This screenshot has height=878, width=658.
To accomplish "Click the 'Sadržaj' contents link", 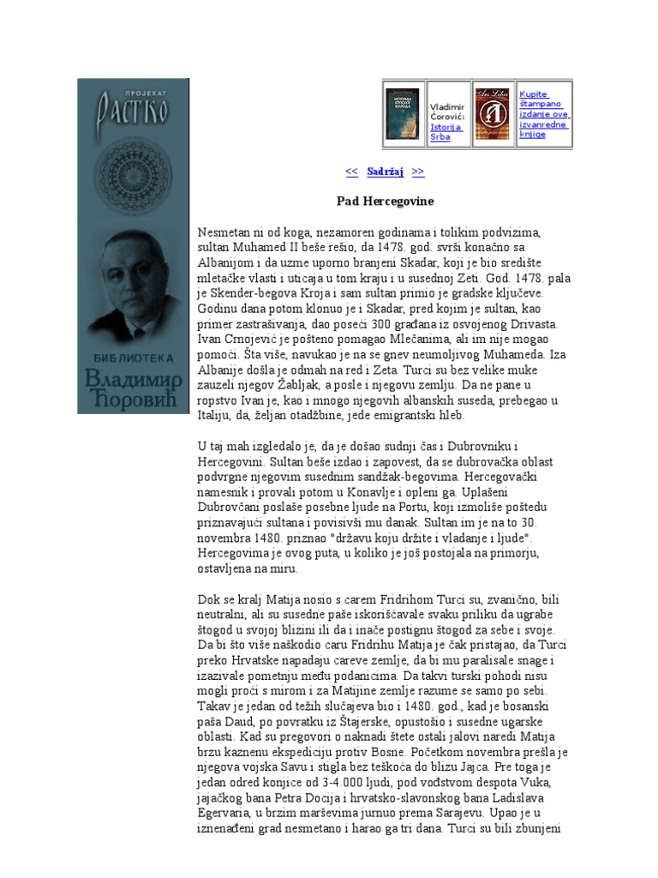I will point(385,171).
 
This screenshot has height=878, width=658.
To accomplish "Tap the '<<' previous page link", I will point(351,171).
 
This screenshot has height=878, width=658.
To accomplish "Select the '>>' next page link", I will point(418,171).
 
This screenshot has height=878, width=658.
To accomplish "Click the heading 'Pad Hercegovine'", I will point(385,201).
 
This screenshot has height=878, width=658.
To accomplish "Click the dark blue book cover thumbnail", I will point(404,114).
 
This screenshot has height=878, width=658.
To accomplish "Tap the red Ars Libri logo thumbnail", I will point(493,114).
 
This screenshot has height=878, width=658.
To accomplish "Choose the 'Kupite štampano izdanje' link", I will point(544,114).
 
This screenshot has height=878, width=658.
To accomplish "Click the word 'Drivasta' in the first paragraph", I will point(533,323).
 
